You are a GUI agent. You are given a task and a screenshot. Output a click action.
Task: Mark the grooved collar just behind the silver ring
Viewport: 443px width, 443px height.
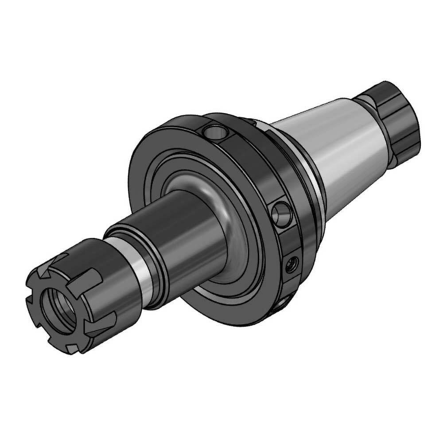coord(155,261)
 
